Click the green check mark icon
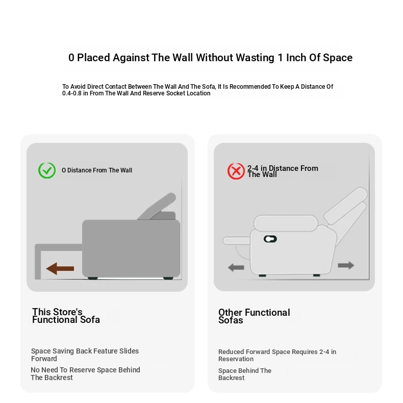pos(47,170)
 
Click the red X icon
pos(236,171)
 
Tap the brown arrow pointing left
pos(60,268)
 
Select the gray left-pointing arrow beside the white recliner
pos(236,267)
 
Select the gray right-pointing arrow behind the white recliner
pos(346,265)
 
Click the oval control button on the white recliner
pos(270,239)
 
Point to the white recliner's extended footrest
pos(237,241)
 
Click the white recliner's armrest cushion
pos(286,223)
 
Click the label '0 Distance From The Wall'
pos(97,170)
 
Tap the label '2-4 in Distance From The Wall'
pos(283,171)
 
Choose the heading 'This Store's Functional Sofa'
pos(66,316)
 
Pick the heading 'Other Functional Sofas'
pos(254,316)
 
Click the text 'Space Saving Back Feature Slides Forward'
pos(85,355)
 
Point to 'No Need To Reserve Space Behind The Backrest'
pos(85,374)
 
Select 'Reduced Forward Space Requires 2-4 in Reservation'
pos(277,355)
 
